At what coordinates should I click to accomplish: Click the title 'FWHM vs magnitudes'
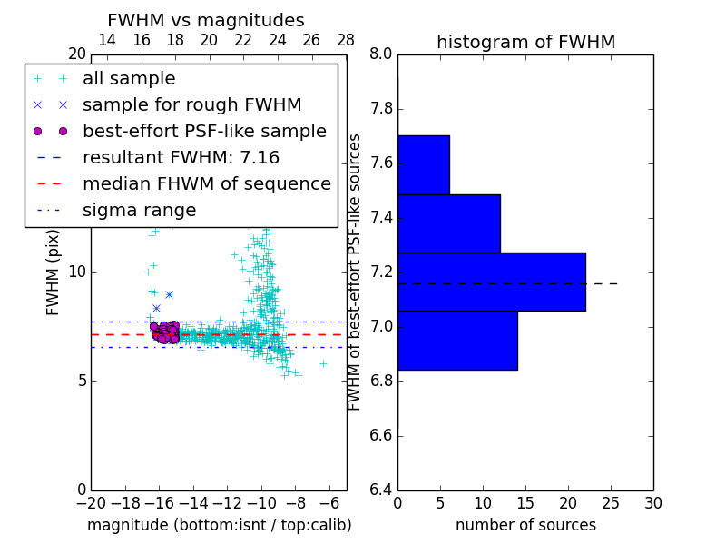(205, 20)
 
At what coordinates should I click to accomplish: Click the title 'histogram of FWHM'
(525, 42)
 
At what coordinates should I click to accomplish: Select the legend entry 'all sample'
(129, 79)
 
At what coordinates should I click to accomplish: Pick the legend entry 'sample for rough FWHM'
(191, 104)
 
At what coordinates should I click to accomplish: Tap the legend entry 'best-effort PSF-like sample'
(204, 131)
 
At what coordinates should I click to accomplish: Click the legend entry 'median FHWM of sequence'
(206, 183)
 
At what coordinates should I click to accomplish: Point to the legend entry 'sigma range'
(139, 211)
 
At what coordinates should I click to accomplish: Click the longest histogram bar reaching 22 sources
(491, 282)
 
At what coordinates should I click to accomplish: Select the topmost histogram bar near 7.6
(423, 164)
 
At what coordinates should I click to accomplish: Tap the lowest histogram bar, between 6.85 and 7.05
(456, 340)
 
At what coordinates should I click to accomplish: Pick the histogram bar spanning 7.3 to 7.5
(448, 223)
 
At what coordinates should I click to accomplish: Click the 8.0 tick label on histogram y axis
(381, 54)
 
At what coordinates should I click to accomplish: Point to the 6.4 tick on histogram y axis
(381, 490)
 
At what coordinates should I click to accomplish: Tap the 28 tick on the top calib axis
(346, 40)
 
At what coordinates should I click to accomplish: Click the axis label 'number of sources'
(525, 525)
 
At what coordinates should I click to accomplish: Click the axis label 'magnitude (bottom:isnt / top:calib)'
(219, 525)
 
